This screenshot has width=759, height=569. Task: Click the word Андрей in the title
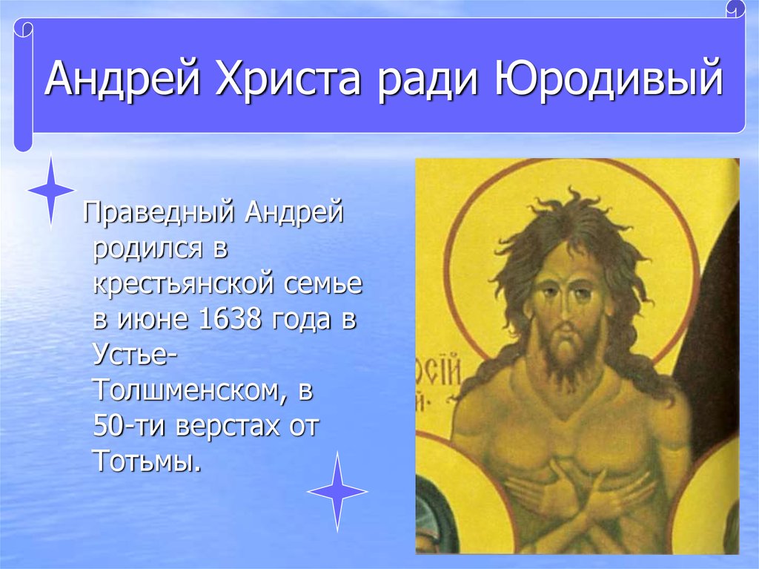point(122,78)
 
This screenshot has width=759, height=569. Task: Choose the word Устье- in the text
point(135,355)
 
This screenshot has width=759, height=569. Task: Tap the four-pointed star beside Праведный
point(51,190)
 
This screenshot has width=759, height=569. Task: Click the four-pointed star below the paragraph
point(337,491)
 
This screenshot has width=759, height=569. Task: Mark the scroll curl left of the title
point(23,85)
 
